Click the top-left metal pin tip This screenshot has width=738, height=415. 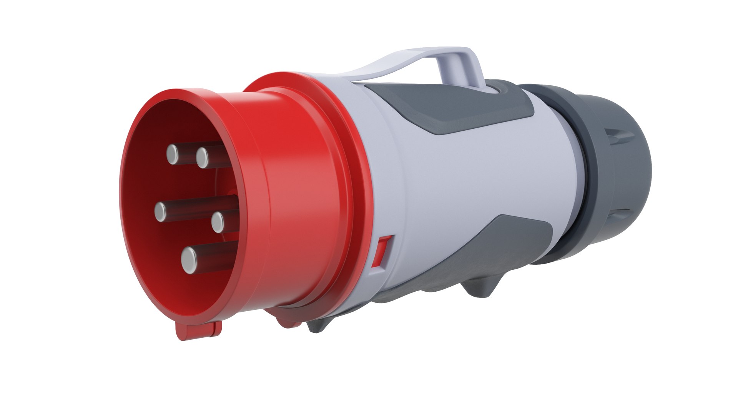[x=173, y=154]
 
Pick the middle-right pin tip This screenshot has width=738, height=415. [x=218, y=221]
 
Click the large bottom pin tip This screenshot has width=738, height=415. [x=189, y=260]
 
